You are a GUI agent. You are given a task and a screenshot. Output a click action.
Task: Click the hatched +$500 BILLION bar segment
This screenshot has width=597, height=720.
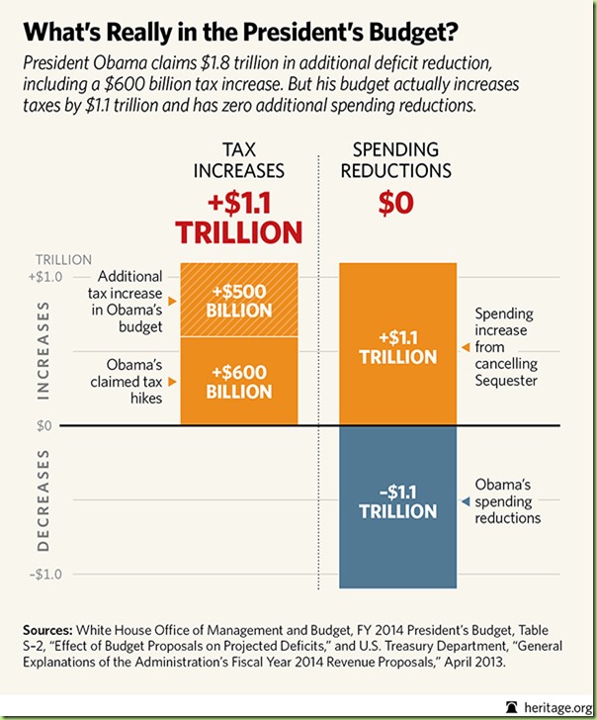click(x=239, y=300)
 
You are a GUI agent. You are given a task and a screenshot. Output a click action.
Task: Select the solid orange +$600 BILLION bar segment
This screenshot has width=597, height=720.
click(x=239, y=381)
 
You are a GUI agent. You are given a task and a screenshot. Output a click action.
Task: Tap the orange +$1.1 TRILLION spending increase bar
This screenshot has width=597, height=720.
click(x=397, y=345)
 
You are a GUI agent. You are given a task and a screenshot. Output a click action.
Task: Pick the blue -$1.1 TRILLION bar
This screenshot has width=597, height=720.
click(x=397, y=506)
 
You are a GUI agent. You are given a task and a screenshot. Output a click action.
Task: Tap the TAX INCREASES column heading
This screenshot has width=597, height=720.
click(x=238, y=159)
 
